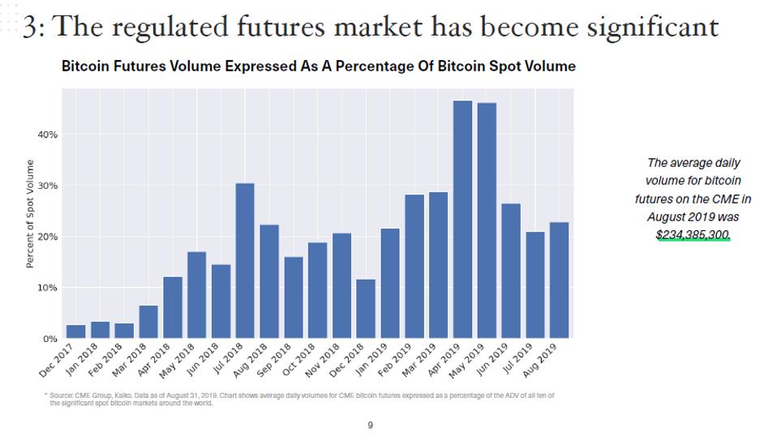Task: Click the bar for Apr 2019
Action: point(462,219)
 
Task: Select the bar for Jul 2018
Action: point(245,260)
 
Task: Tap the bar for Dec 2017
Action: point(75,331)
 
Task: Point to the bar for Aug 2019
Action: point(559,280)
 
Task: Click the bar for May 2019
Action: point(487,220)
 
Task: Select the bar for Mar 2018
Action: point(148,321)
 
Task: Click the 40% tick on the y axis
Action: point(47,135)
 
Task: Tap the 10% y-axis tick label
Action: point(47,288)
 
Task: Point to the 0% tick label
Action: point(49,339)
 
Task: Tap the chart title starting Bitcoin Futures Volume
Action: point(318,66)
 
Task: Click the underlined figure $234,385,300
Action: point(693,234)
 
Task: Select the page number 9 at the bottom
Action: point(371,425)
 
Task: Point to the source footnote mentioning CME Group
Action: point(300,399)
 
